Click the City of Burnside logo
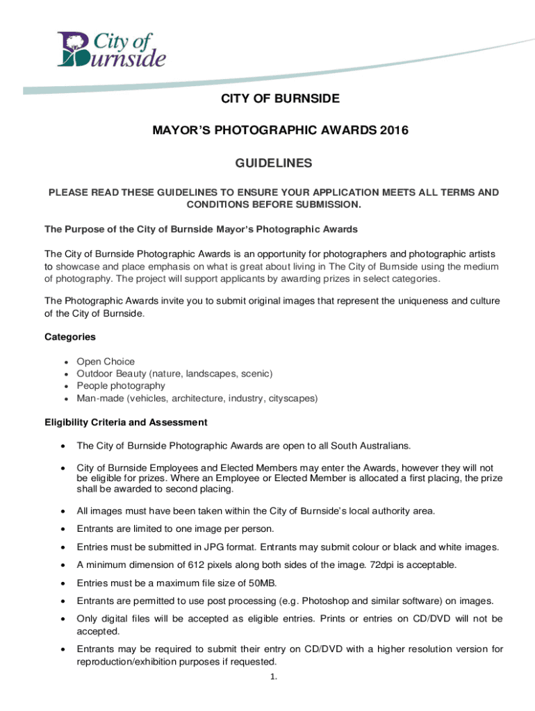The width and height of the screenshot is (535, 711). click(x=112, y=50)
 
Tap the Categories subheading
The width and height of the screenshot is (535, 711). click(x=70, y=337)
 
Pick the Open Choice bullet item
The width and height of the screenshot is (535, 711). click(x=106, y=362)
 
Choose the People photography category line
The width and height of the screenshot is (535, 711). click(x=121, y=385)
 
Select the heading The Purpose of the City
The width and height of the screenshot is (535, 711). click(x=201, y=229)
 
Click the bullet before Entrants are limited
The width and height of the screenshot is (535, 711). click(x=63, y=529)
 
